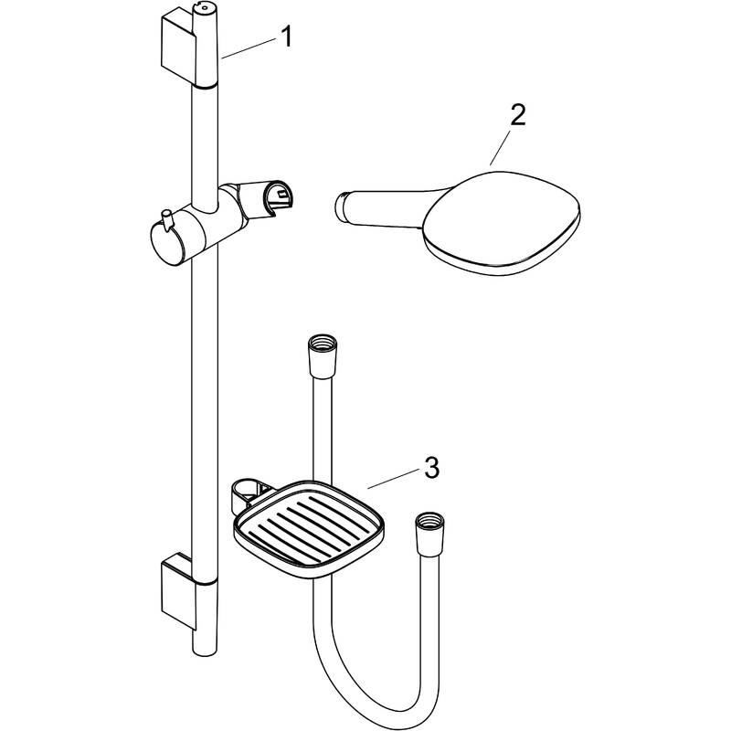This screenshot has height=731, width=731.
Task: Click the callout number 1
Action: (x=287, y=37)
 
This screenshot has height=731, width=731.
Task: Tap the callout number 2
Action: (x=517, y=115)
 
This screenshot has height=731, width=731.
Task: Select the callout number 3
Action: (x=431, y=468)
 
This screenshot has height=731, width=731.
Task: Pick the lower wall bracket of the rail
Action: (x=178, y=591)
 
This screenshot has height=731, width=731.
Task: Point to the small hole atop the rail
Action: (x=204, y=7)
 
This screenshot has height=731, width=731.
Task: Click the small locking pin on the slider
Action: (x=166, y=217)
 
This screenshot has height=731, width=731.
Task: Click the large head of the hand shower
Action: (x=502, y=223)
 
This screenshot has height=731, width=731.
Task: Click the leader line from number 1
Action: (x=249, y=48)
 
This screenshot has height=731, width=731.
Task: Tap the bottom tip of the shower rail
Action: (x=205, y=655)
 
